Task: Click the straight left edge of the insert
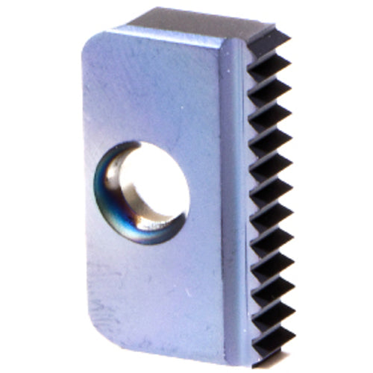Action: [x=84, y=186]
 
